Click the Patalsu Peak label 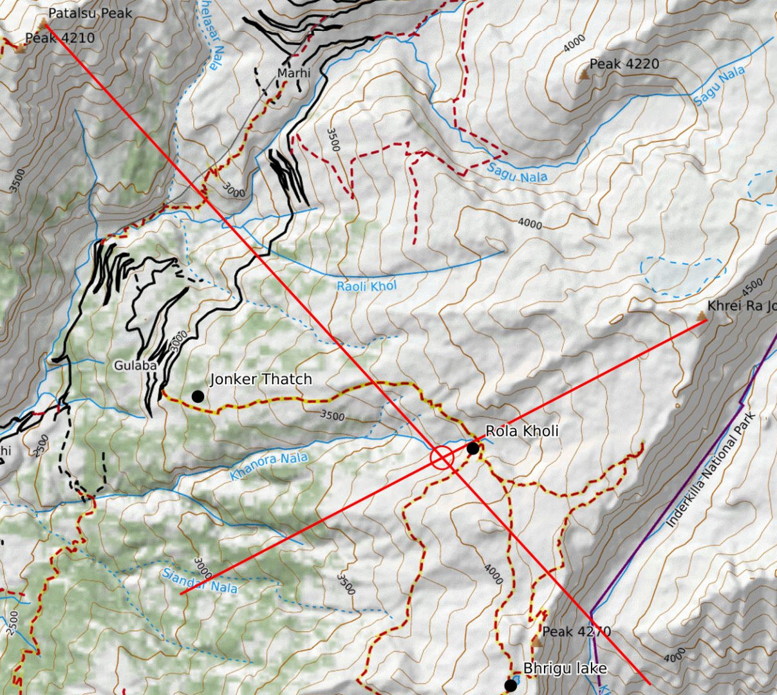[x=90, y=13]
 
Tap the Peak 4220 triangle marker [x=584, y=75]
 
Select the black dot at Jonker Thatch [x=198, y=396]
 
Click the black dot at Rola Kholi [x=473, y=449]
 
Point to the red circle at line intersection [x=442, y=458]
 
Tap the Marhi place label [x=294, y=73]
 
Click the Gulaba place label [x=135, y=366]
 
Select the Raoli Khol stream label [x=366, y=286]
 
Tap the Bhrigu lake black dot [x=510, y=686]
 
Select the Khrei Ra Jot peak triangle [x=702, y=315]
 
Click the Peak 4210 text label [x=60, y=38]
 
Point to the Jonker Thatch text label [x=261, y=379]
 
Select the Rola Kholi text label [x=521, y=431]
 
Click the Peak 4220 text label [x=624, y=64]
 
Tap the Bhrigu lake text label [x=565, y=669]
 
